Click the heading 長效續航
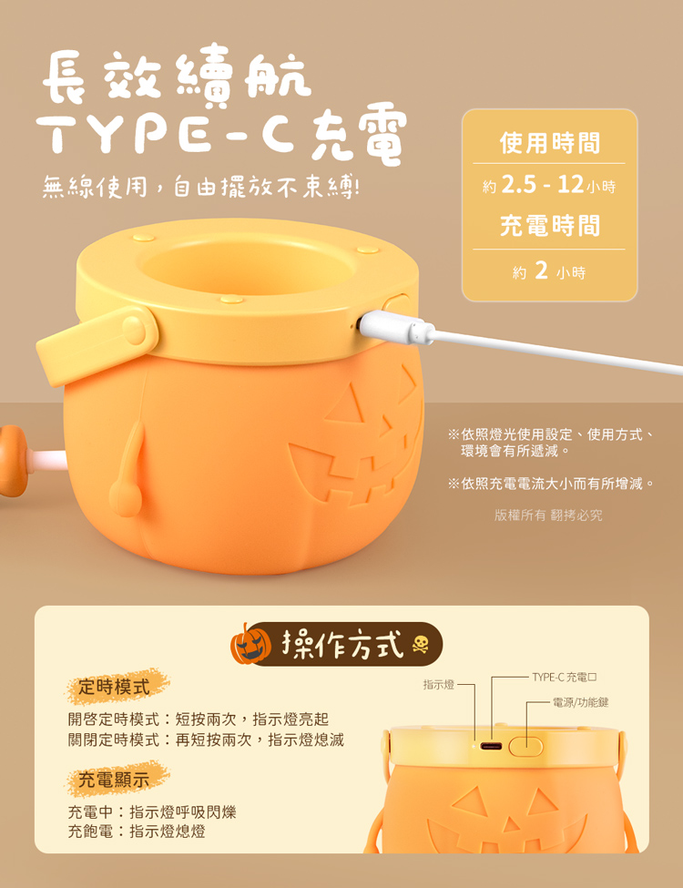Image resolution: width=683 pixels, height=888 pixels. tap(177, 77)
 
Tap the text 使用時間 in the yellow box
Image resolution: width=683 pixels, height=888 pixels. tap(550, 143)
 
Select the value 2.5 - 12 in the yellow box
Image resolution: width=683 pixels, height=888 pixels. tap(542, 184)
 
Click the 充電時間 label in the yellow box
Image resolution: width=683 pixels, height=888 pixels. tap(550, 225)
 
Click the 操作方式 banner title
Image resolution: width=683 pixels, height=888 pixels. tap(342, 644)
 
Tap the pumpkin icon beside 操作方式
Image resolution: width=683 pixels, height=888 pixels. tap(250, 644)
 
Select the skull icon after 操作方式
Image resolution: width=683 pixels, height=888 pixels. tap(420, 645)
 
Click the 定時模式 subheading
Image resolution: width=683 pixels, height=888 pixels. tap(114, 687)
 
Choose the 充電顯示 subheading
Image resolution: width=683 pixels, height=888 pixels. tap(114, 780)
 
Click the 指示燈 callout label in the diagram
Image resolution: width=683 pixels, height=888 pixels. tap(439, 685)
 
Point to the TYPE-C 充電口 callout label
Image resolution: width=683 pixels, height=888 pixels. tap(565, 677)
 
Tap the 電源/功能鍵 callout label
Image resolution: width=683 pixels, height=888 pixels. tap(580, 702)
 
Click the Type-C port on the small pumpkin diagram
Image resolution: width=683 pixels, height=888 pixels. tap(491, 746)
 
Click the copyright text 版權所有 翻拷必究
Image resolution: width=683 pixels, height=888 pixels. tap(548, 515)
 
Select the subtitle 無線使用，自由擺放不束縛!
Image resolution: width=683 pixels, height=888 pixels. tap(201, 187)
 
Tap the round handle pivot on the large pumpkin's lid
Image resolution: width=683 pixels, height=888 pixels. tap(135, 330)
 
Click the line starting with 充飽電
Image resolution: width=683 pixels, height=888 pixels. tap(137, 832)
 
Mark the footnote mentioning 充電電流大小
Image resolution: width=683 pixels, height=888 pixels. tap(551, 484)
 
